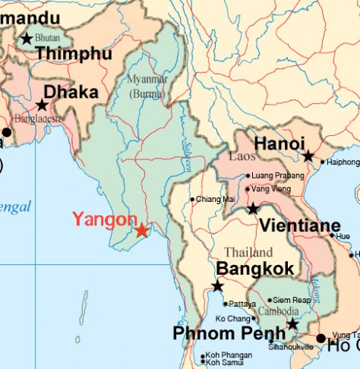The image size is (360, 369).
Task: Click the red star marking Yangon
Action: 142,230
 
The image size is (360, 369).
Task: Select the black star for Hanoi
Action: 308,156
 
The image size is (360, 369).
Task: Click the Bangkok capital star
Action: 218,286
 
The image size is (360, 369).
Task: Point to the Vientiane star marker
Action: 253,208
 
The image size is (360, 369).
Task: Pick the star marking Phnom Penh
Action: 292,325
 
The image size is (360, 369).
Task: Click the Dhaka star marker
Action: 43,106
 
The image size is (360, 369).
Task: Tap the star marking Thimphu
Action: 27,39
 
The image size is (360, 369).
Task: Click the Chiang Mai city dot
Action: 191,199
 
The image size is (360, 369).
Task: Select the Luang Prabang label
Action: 274,176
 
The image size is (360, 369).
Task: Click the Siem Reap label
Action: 292,300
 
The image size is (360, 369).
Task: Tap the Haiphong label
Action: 343,162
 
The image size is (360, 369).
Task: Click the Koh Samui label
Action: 225,363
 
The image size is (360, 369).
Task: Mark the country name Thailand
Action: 248,252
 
